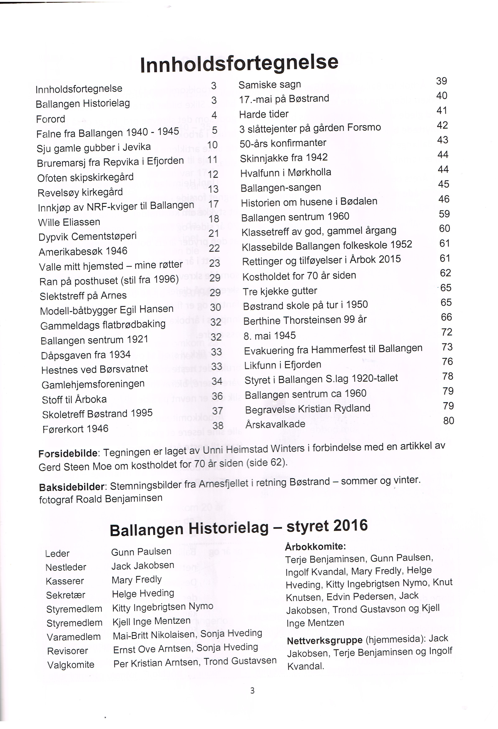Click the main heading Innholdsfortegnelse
pos(239,63)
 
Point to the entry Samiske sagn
pos(270,85)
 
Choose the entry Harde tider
pos(264,114)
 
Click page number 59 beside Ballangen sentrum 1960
pos(444,214)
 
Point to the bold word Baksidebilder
pos(72,487)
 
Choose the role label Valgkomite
pos(71,665)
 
